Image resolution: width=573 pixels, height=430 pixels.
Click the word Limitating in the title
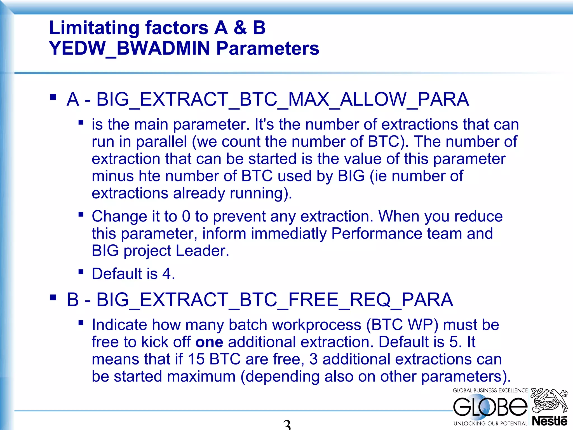tap(94, 28)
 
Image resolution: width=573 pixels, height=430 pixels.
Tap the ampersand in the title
tap(240, 28)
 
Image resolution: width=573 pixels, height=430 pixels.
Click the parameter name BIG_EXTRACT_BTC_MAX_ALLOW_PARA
tap(283, 99)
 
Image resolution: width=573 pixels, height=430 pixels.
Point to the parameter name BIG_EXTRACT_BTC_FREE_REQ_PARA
tap(274, 300)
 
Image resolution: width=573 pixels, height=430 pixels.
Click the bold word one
tap(209, 342)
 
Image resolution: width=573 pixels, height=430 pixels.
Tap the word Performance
tap(377, 233)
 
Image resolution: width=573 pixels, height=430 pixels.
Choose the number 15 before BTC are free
tap(196, 359)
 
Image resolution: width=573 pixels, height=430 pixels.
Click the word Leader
tap(202, 251)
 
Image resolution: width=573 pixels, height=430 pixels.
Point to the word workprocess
tap(317, 325)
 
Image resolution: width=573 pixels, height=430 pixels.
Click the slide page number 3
tap(287, 424)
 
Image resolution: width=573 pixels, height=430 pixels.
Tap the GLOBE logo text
tap(490, 407)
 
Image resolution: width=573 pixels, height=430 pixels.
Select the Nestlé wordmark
tap(549, 421)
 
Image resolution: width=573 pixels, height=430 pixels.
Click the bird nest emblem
tap(549, 400)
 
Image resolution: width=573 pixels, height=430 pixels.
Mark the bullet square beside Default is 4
tap(81, 272)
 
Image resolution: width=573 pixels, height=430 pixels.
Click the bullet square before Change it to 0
tap(81, 214)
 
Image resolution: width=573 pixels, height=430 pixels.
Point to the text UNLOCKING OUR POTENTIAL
tap(490, 424)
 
